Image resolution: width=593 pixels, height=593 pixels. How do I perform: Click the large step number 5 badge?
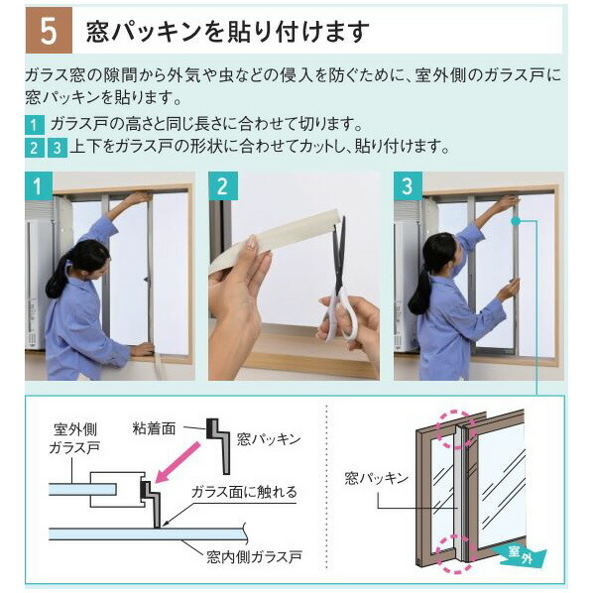pyautogui.click(x=48, y=30)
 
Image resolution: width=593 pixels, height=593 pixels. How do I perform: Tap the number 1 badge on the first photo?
pyautogui.click(x=37, y=185)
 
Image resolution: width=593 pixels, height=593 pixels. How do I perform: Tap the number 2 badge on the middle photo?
pyautogui.click(x=221, y=185)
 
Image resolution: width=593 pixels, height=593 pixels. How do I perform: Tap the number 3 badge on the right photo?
pyautogui.click(x=407, y=185)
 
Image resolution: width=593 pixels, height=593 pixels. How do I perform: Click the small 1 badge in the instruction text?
pyautogui.click(x=35, y=125)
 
